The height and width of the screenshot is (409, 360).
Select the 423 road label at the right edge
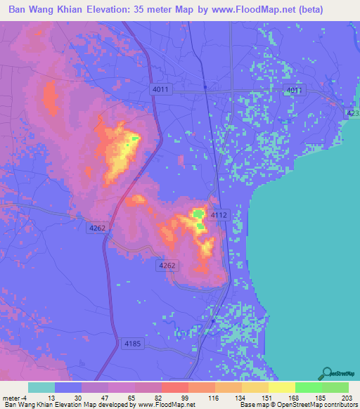[353, 112]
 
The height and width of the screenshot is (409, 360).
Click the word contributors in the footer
[340, 405]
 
